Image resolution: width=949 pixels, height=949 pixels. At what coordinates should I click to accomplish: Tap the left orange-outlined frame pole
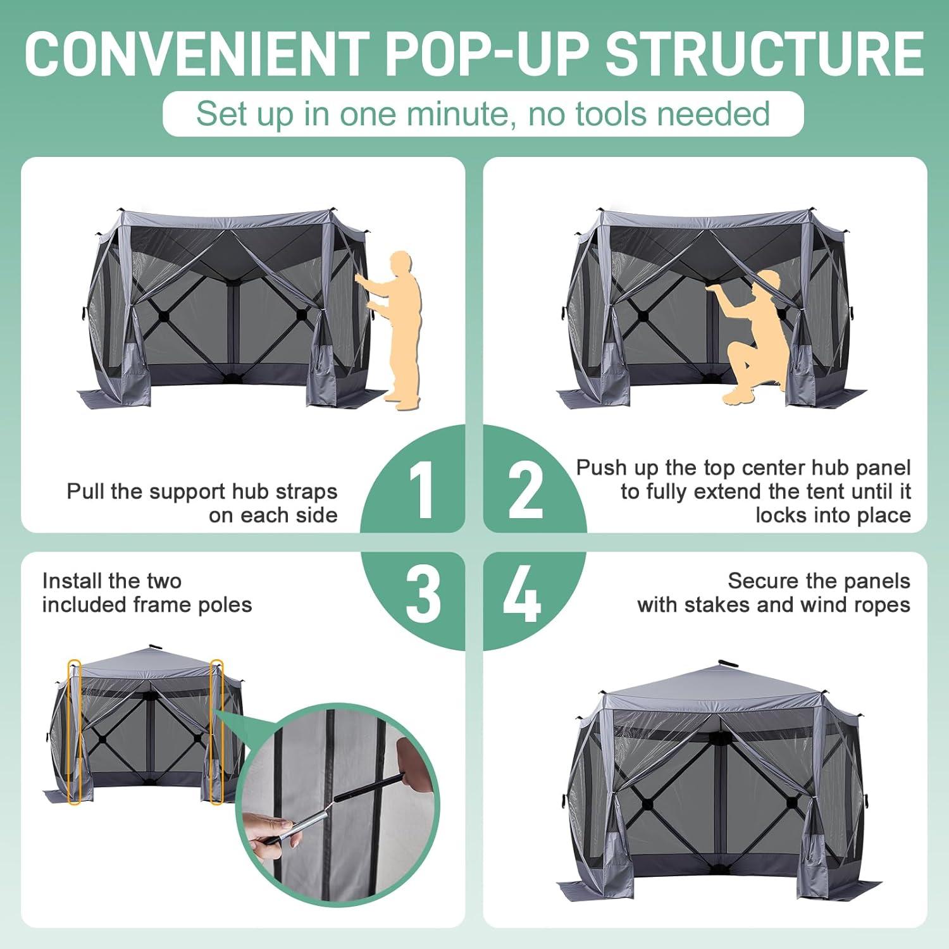point(75,732)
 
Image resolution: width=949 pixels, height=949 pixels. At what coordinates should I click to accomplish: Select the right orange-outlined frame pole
point(216,732)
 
